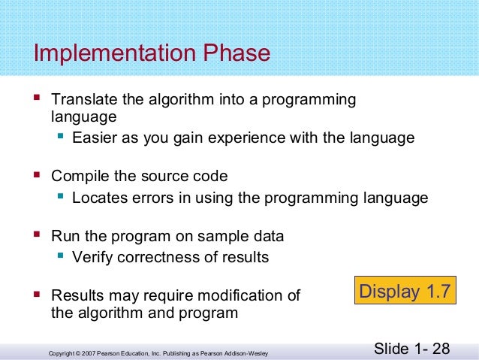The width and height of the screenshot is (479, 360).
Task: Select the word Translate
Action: click(80, 100)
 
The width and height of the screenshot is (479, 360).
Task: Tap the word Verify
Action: click(92, 258)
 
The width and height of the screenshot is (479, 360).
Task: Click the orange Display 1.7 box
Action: click(405, 291)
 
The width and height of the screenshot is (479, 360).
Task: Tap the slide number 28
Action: click(441, 349)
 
